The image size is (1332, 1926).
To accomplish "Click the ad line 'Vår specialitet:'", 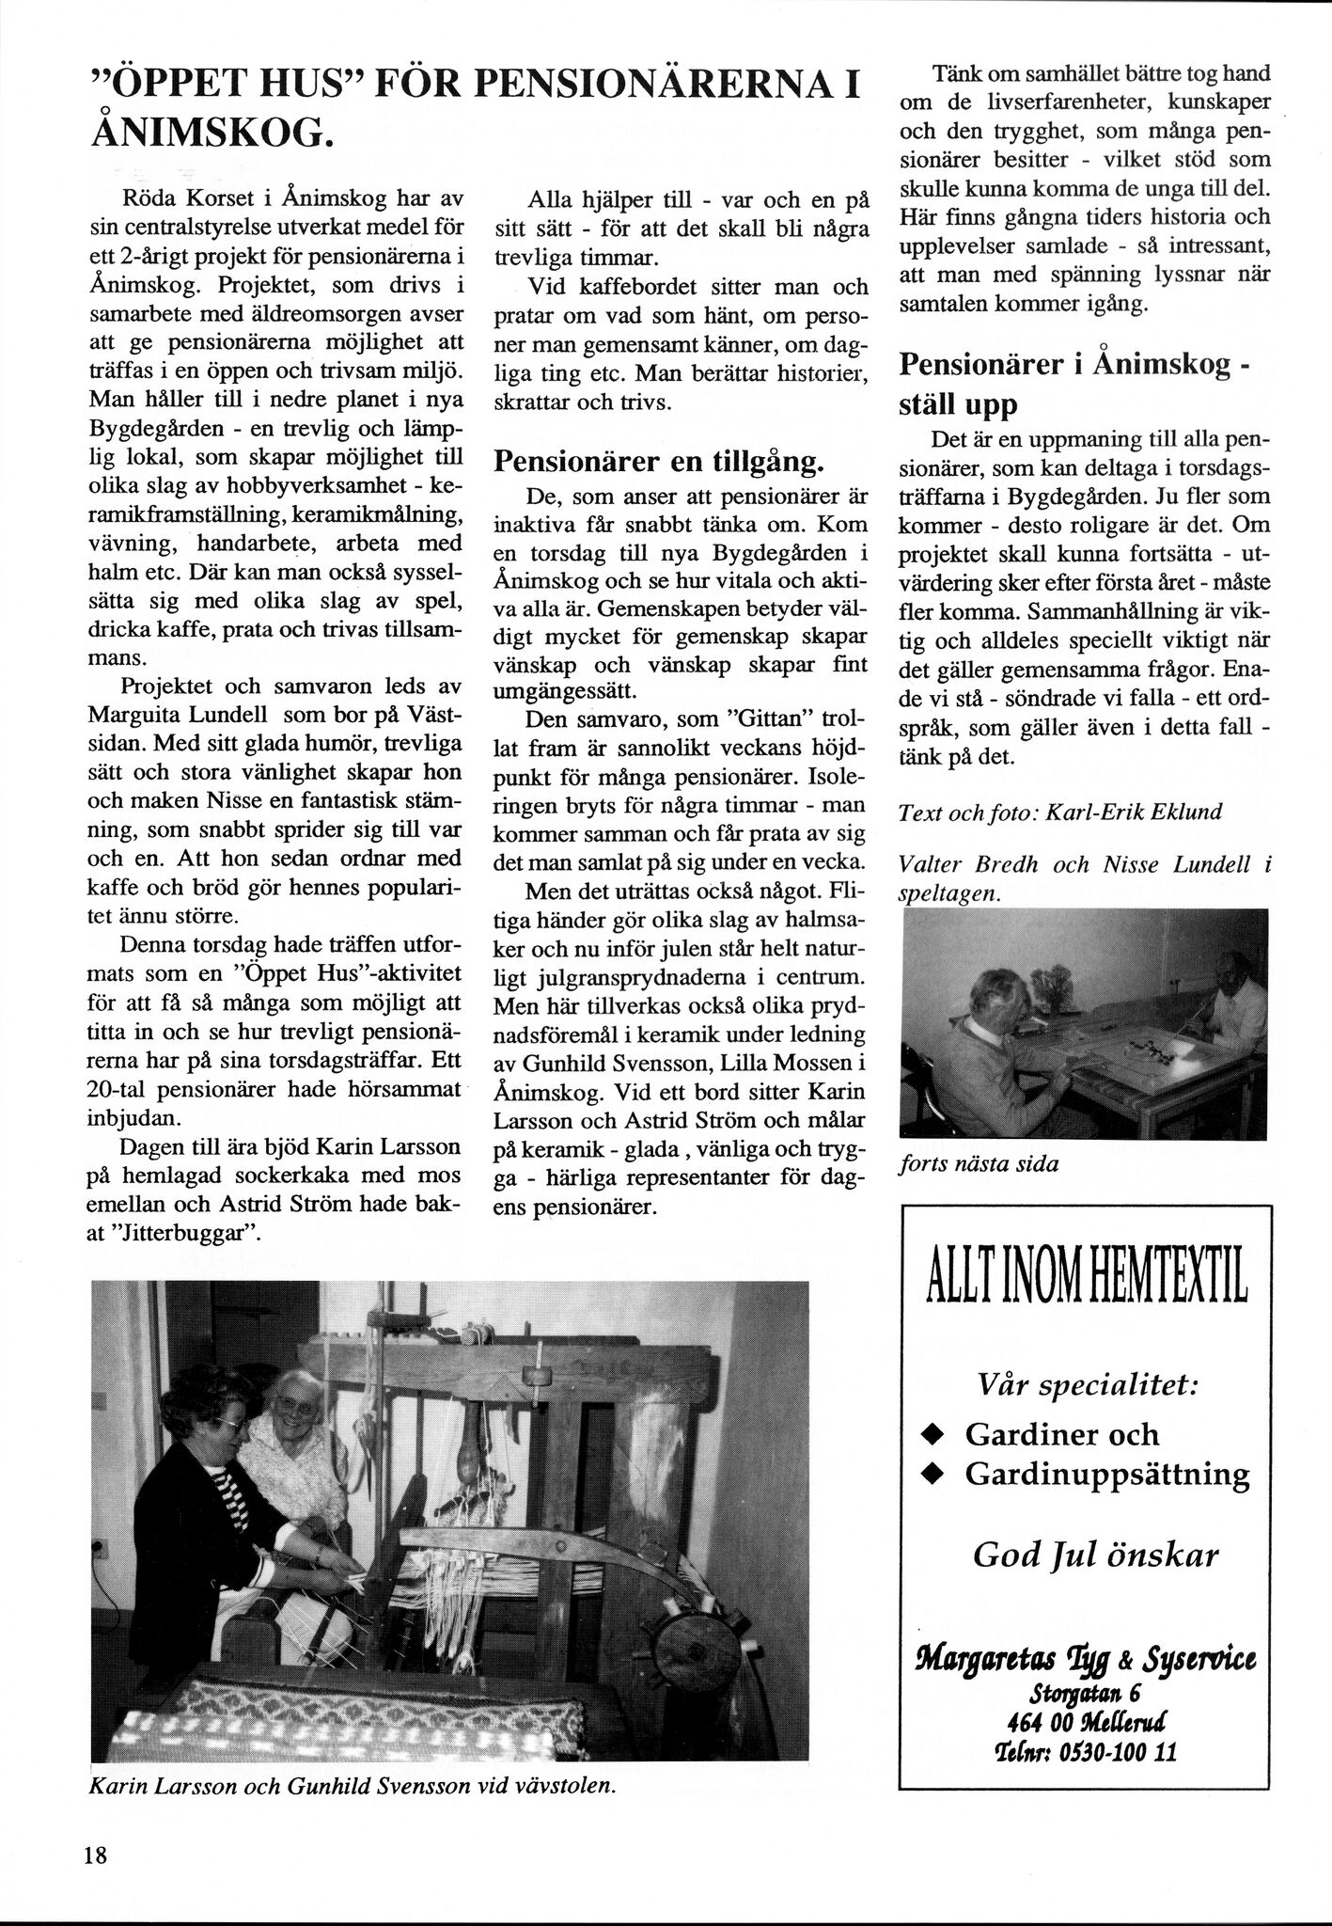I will [x=1088, y=1385].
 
